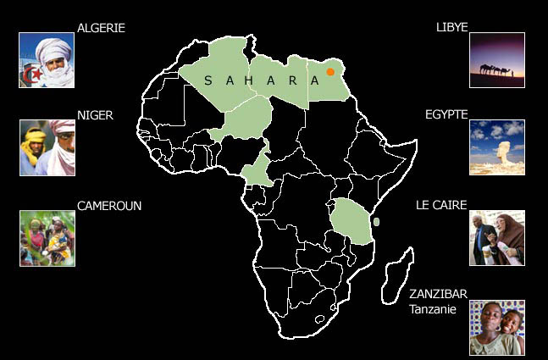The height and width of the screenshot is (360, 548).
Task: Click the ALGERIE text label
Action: point(101,28)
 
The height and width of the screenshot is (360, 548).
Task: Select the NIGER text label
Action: point(95,114)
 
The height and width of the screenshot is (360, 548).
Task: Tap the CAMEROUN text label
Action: point(109,206)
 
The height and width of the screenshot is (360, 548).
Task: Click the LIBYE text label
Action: point(451,28)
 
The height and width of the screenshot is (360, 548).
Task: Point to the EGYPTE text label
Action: point(446,114)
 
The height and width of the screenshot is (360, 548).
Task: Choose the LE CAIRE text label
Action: point(442,206)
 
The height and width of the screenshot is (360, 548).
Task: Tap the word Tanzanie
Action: point(433,309)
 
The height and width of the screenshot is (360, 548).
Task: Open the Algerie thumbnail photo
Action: point(47,60)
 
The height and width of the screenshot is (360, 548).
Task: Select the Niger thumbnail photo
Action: point(47,147)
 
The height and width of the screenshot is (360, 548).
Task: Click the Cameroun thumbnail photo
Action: point(47,238)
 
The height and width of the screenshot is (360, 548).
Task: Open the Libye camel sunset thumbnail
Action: point(497,60)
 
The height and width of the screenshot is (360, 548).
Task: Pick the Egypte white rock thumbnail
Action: point(497,147)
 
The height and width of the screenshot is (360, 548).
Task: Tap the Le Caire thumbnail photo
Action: point(497,238)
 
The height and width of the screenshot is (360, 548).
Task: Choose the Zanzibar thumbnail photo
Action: point(497,327)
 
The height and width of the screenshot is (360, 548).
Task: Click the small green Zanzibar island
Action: point(376,222)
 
